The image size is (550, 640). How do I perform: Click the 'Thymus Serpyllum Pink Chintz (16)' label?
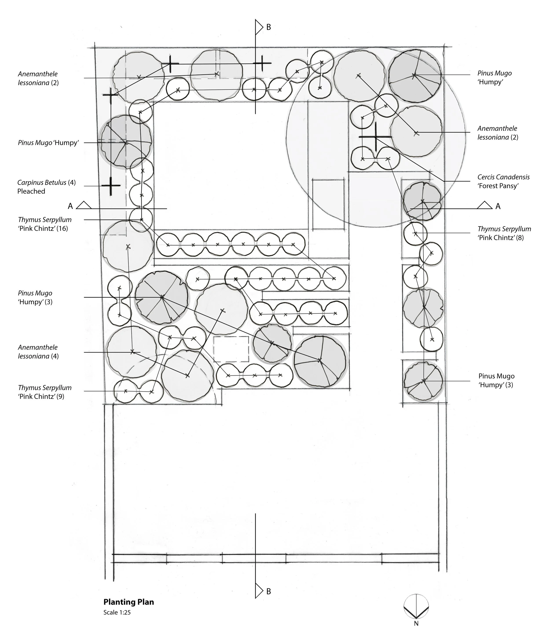(44, 224)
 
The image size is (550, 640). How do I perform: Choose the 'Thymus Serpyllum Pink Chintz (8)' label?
(504, 233)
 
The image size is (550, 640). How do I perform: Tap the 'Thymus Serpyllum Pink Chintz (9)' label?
(44, 392)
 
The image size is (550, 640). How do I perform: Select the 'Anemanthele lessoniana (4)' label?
(38, 351)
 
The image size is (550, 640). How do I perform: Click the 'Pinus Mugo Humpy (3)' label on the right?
(496, 380)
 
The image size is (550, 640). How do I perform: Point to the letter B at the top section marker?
(268, 27)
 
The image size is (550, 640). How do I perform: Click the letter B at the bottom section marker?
(268, 591)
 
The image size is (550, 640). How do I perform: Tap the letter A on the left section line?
(70, 206)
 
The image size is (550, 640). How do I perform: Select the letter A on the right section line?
(498, 206)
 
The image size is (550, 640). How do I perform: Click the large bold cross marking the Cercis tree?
(375, 136)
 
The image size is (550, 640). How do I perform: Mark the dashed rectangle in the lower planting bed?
(231, 349)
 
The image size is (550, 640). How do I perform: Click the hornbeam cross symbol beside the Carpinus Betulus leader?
(111, 186)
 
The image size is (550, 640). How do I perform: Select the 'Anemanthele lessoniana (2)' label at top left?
(38, 78)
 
